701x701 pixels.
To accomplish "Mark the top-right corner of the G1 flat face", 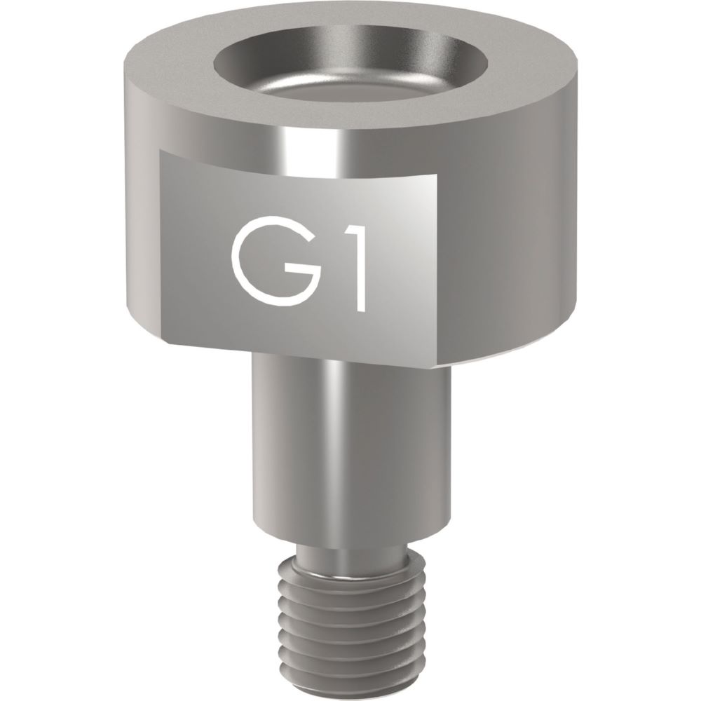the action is point(437,175).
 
